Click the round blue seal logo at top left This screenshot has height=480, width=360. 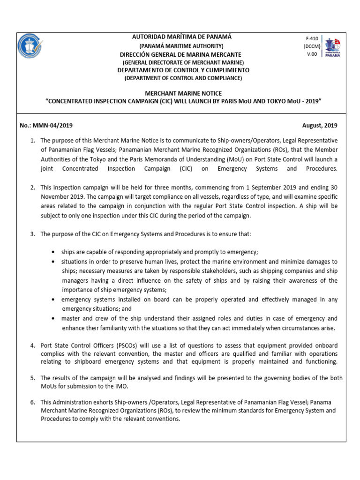[32, 51]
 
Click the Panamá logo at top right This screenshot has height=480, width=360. [333, 47]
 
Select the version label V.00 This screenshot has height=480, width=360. [311, 54]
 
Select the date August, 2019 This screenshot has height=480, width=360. [320, 126]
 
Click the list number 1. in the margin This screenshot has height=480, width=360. [33, 140]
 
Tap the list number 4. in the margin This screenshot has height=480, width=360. [33, 345]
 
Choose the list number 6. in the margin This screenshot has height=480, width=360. [33, 403]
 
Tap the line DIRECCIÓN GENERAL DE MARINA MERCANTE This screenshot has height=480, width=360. [180, 54]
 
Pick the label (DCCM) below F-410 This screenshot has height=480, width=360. [311, 47]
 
